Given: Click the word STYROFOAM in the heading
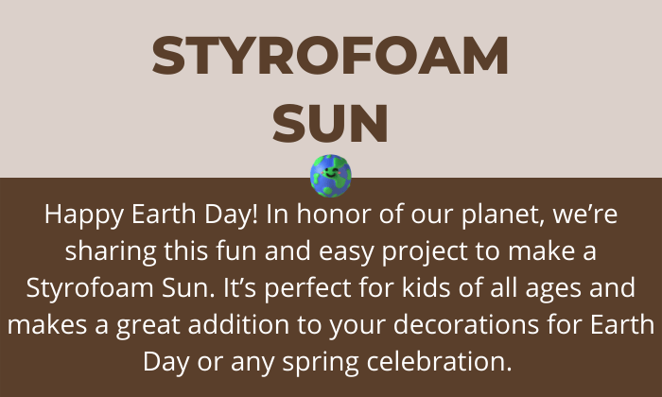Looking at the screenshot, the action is click(330, 56).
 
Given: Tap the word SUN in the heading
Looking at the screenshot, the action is click(330, 124).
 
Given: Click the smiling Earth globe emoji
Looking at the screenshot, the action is click(331, 176).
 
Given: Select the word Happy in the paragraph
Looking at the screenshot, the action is click(84, 216).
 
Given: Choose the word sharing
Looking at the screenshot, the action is click(111, 251).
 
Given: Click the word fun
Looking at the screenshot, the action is click(236, 250).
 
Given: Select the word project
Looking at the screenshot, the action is click(425, 251).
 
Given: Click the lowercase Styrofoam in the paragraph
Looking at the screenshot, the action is click(91, 288).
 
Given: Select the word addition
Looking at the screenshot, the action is click(238, 324).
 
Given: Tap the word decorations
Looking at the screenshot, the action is click(466, 324).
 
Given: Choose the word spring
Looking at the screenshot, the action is click(321, 363).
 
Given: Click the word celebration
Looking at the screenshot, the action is click(440, 361).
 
